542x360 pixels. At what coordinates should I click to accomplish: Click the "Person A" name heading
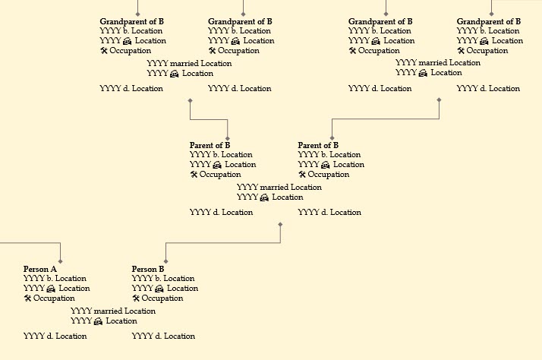(40, 270)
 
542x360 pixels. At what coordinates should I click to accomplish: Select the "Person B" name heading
(148, 270)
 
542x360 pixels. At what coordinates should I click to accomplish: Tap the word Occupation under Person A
(55, 298)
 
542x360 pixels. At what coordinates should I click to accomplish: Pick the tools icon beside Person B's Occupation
(136, 298)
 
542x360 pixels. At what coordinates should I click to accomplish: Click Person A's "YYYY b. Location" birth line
(55, 279)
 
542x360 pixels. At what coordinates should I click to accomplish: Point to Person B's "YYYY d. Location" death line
(163, 336)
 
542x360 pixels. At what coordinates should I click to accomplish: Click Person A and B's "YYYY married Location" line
(113, 311)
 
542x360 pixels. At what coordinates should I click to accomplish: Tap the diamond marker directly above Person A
(59, 262)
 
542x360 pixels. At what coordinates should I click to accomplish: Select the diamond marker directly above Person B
(165, 262)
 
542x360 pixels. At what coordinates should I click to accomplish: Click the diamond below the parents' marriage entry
(280, 224)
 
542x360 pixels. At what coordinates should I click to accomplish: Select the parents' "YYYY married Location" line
(279, 187)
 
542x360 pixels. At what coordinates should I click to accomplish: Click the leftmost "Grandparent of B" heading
(131, 22)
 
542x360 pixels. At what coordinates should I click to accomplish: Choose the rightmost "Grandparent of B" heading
(489, 22)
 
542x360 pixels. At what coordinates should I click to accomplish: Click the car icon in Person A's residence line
(51, 289)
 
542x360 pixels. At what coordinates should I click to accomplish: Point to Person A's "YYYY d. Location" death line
(55, 336)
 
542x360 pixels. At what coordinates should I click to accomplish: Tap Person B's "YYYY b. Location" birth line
(163, 279)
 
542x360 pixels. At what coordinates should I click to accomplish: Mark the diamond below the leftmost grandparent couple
(189, 99)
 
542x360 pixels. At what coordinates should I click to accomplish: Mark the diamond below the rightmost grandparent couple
(439, 99)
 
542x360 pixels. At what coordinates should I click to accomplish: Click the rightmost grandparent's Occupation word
(487, 51)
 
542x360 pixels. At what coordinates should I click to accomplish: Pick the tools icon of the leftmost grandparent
(104, 51)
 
